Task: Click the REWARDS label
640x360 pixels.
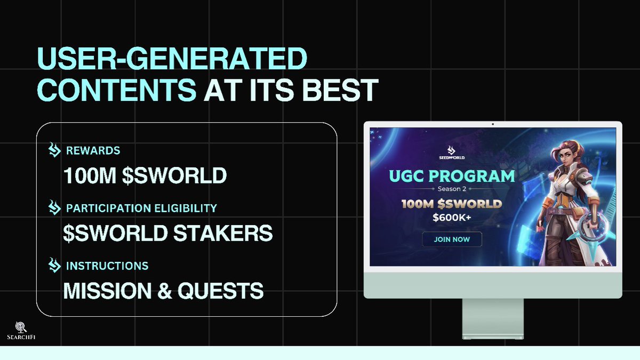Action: [93, 150]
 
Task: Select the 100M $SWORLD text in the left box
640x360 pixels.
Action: [145, 176]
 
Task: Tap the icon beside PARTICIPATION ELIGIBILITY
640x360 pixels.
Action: [54, 207]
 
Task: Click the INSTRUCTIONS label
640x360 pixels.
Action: [107, 265]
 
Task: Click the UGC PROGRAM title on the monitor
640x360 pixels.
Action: [452, 176]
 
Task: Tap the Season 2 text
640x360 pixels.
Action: [452, 189]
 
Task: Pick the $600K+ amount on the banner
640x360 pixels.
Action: [452, 217]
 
